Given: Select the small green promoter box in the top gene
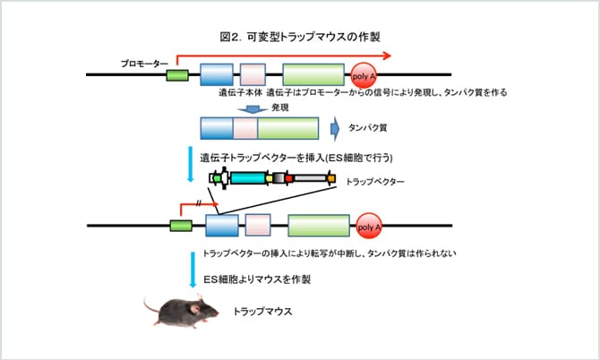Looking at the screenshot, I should point(177,75).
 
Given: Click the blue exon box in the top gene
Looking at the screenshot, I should point(216,75).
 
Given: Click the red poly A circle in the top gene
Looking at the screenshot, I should point(364,75).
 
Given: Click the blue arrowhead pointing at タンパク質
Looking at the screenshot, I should point(334,129).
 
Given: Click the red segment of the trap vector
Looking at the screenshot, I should point(289,180).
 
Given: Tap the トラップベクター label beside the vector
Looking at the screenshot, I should point(375,182).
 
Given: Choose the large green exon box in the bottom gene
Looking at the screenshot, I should point(318,225).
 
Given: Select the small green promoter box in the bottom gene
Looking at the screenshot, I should point(181,225).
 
